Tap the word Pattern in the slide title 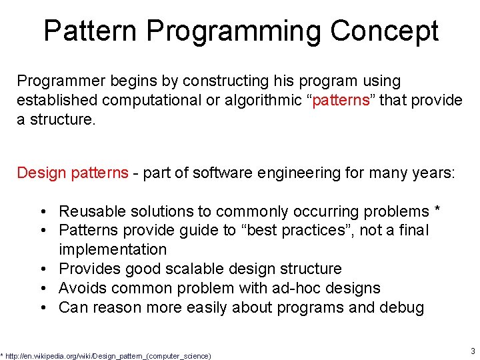pos(90,31)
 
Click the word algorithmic pos(267,101)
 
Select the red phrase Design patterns pos(72,173)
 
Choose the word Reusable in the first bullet pos(89,211)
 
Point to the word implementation pos(113,249)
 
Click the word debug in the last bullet pos(401,307)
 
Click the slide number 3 pos(472,351)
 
